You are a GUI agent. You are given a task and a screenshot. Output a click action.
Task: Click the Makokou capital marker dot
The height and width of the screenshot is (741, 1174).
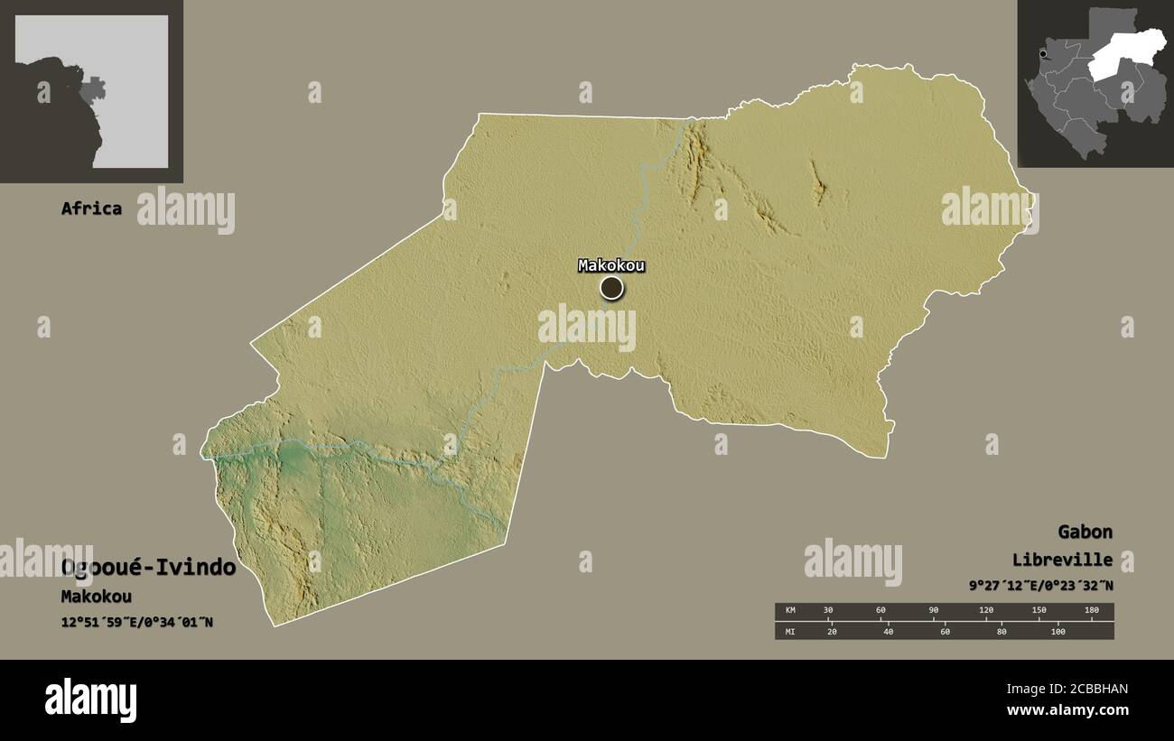point(611,288)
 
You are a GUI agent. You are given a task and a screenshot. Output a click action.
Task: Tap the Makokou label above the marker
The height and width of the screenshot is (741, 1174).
point(611,265)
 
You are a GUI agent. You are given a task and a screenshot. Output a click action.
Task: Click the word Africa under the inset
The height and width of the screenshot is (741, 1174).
point(91,208)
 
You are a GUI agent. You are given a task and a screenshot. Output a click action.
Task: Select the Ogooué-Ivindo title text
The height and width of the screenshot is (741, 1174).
point(149,568)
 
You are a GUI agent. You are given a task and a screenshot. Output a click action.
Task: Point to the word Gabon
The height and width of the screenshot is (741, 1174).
point(1085,532)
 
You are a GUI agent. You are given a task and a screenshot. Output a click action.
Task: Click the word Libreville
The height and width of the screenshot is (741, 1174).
point(1062,560)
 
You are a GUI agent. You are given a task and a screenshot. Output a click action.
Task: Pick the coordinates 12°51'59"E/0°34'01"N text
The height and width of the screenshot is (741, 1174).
point(137,622)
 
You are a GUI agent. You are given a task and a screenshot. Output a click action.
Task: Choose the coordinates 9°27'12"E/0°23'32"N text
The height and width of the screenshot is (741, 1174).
point(1040,585)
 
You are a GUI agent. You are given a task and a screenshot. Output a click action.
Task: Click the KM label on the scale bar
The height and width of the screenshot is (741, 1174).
point(791,611)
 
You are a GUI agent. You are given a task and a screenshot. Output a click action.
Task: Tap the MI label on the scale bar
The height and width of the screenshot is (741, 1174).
point(791,631)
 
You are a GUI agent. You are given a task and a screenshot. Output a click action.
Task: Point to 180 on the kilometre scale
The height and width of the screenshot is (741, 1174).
point(1091,611)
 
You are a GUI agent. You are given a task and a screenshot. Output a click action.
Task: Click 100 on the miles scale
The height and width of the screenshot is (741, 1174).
point(1057,631)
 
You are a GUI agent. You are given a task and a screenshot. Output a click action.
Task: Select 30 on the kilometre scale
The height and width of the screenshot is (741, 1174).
point(828,611)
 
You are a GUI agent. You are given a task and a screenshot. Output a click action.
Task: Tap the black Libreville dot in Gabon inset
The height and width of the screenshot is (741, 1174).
point(1042,55)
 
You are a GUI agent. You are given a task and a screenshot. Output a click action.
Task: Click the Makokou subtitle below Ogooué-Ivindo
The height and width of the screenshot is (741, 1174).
point(97,597)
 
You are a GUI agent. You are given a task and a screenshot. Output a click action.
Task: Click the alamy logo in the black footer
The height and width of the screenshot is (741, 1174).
point(91,700)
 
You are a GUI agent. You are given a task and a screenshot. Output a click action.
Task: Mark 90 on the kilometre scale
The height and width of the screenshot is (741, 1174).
point(934,611)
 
